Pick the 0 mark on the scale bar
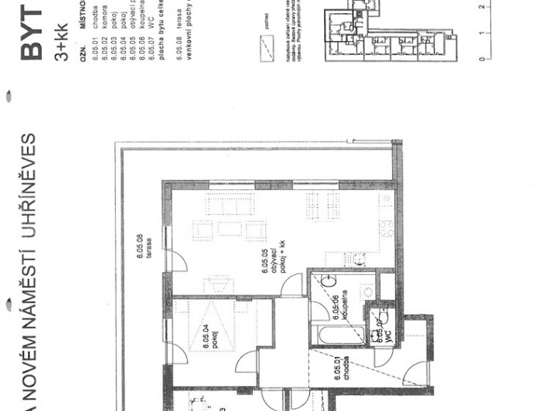coord(481,59)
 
